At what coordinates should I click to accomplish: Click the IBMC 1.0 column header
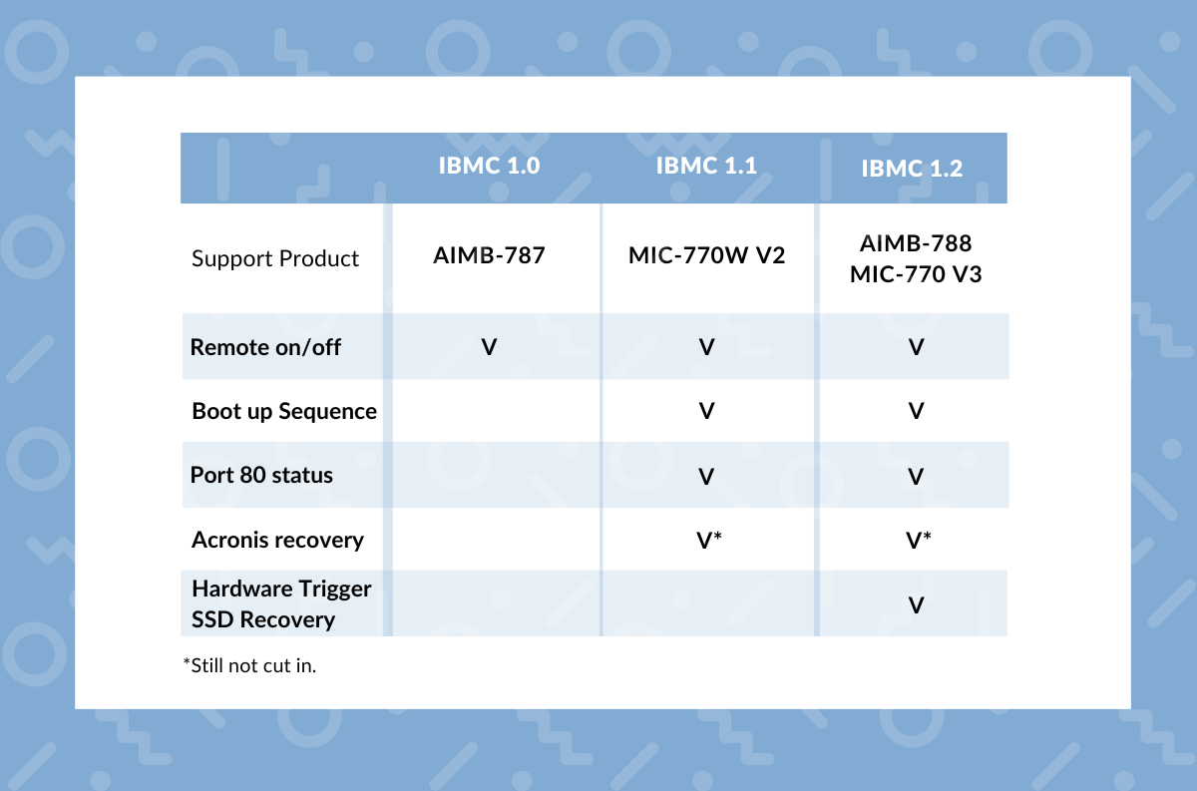click(x=489, y=166)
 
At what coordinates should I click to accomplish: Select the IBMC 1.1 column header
click(x=706, y=165)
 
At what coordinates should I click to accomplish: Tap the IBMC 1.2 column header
click(x=912, y=169)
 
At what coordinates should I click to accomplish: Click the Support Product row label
click(x=275, y=258)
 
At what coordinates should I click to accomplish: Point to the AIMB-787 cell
click(x=489, y=255)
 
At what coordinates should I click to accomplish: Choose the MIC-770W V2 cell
click(x=706, y=255)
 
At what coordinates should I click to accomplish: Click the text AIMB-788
click(x=916, y=243)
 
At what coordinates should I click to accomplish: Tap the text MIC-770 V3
click(x=916, y=273)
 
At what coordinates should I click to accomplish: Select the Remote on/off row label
click(x=265, y=347)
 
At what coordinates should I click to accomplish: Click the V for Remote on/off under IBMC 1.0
click(x=489, y=347)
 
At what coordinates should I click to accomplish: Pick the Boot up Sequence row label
click(x=284, y=411)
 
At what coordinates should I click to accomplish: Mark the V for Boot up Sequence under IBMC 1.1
click(x=706, y=411)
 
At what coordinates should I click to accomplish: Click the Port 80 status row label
click(x=261, y=475)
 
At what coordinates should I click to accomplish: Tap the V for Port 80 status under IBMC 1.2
click(x=916, y=476)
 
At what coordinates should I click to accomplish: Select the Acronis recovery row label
click(x=277, y=540)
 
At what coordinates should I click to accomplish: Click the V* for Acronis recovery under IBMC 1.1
click(x=708, y=540)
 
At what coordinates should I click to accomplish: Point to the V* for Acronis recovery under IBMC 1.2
click(x=918, y=540)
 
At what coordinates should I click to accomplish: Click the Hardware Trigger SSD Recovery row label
click(x=281, y=603)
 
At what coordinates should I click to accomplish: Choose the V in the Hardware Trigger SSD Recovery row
click(x=916, y=604)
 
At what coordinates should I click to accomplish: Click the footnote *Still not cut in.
click(x=249, y=665)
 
